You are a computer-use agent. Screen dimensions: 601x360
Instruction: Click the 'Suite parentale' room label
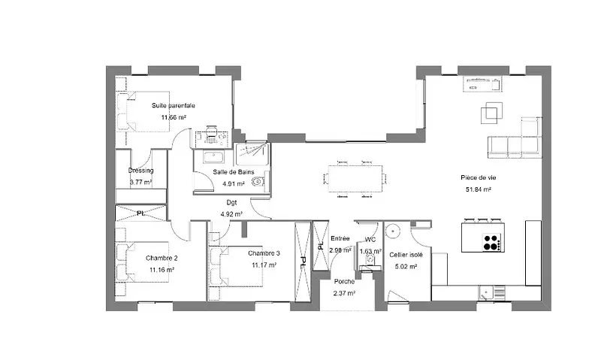(x=174, y=105)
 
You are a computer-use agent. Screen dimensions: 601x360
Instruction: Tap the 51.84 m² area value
(x=479, y=189)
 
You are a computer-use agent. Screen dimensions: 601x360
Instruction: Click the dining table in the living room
(x=355, y=179)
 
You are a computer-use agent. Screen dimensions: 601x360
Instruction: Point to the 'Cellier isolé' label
(x=406, y=255)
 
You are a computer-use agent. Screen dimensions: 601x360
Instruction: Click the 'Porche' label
(x=344, y=281)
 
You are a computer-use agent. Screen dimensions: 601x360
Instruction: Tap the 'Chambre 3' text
(x=264, y=253)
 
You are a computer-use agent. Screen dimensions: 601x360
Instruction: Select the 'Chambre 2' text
(x=162, y=258)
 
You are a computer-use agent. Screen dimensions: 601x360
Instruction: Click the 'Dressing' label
(x=140, y=170)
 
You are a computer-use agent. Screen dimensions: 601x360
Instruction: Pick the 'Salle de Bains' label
(x=234, y=172)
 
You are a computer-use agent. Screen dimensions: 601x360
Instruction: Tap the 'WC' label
(x=370, y=240)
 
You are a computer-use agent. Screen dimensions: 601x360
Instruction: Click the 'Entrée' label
(x=340, y=238)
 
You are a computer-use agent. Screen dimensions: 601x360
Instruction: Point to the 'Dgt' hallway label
(x=231, y=203)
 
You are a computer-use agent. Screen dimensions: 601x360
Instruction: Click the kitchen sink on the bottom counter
(x=485, y=294)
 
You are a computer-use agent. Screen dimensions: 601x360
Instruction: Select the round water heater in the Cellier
(x=393, y=231)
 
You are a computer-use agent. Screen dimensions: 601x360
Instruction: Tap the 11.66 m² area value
(x=174, y=117)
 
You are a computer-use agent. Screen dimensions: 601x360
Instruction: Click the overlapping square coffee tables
(x=492, y=113)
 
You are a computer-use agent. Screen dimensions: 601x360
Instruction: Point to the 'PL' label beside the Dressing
(x=140, y=213)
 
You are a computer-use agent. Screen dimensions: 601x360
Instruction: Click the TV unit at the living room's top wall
(x=482, y=84)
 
